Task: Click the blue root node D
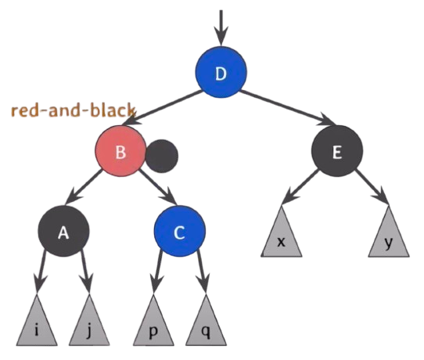pos(221,72)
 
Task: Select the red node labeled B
pos(120,151)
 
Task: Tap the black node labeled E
pos(337,151)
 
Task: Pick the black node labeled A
pos(63,231)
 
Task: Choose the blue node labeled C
pos(180,231)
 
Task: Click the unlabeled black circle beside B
pos(162,156)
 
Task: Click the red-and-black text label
pos(73,110)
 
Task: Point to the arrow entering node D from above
pos(221,28)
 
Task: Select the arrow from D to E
pos(288,108)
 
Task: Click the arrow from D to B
pos(162,108)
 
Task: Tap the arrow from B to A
pos(83,187)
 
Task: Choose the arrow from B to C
pos(158,187)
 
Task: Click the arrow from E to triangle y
pos(372,187)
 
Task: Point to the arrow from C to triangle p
pos(156,272)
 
